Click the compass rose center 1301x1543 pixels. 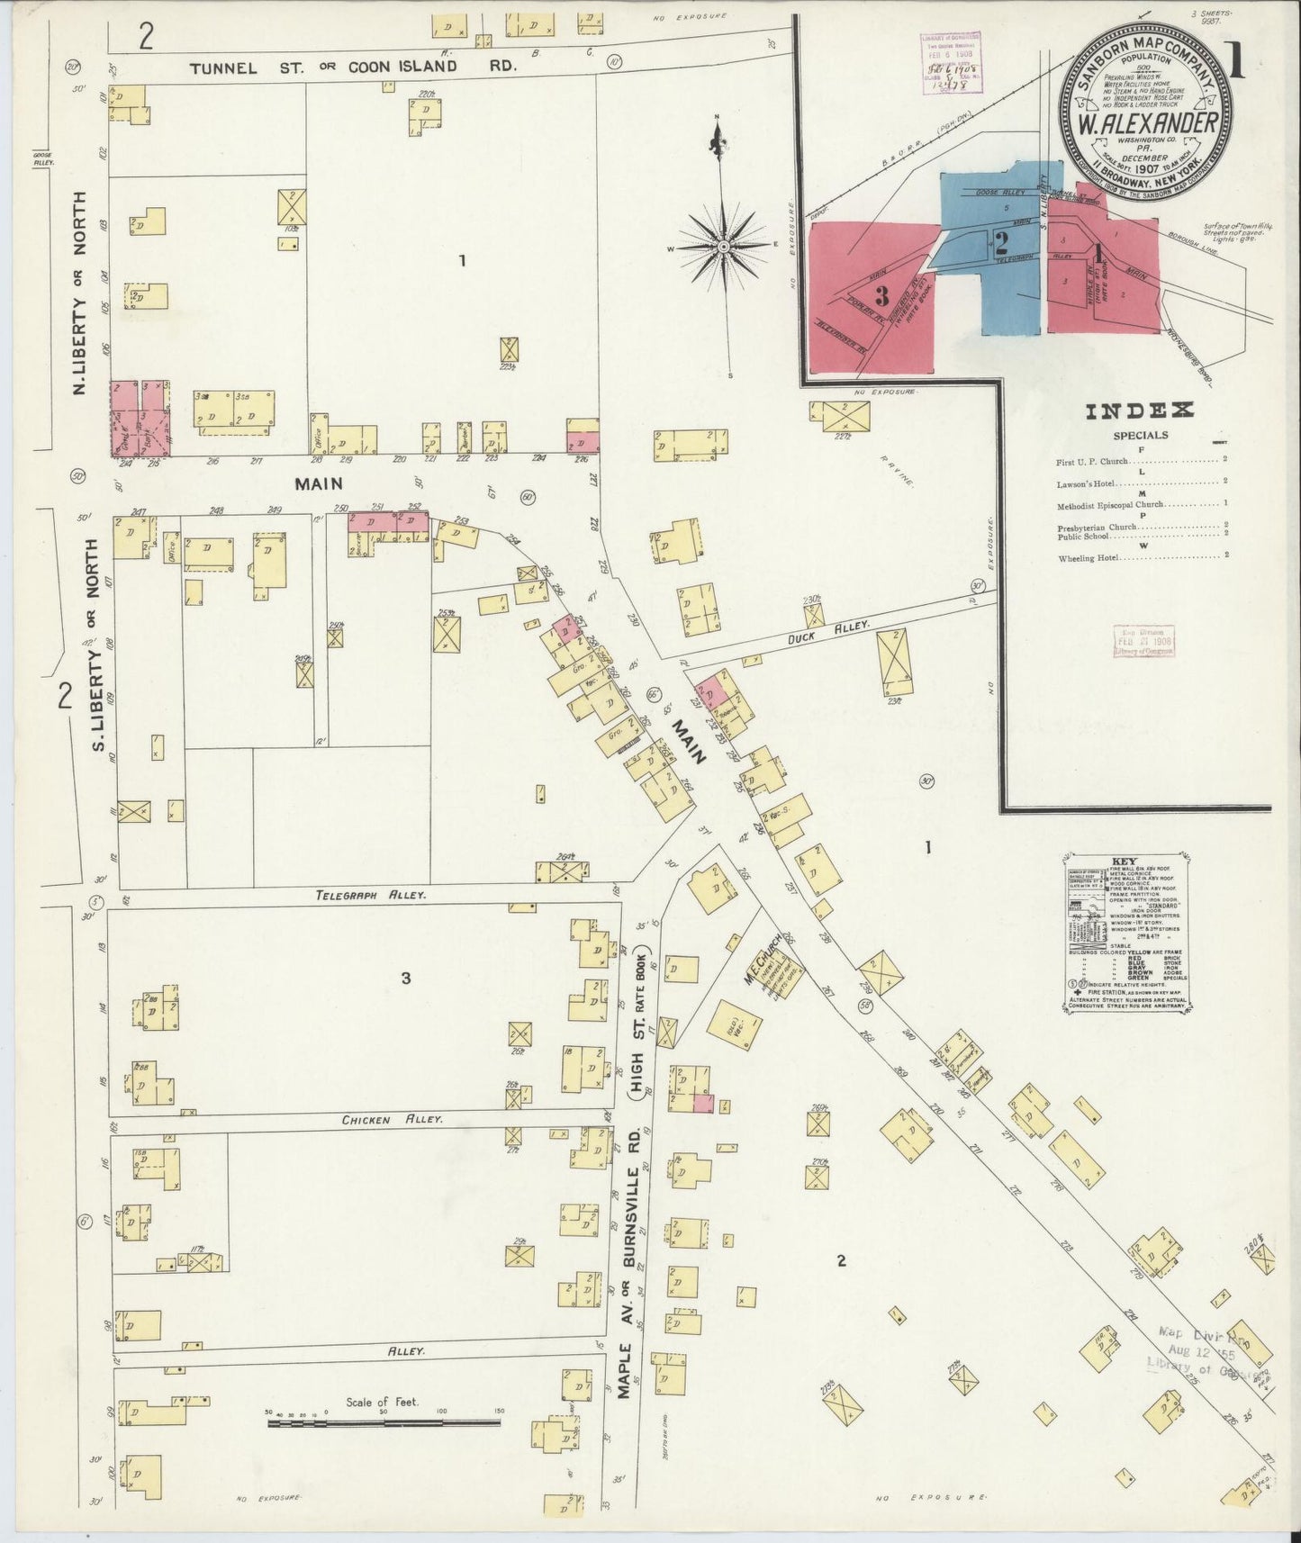723,245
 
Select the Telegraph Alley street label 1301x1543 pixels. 370,896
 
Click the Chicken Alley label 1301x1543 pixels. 392,1119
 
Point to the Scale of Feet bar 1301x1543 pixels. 384,1422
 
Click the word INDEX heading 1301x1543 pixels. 1140,411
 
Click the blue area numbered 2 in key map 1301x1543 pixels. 999,240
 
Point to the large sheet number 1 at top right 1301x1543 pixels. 1235,61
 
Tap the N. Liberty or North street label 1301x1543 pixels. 80,293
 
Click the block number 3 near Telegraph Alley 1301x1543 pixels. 406,978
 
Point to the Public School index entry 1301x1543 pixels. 1083,537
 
